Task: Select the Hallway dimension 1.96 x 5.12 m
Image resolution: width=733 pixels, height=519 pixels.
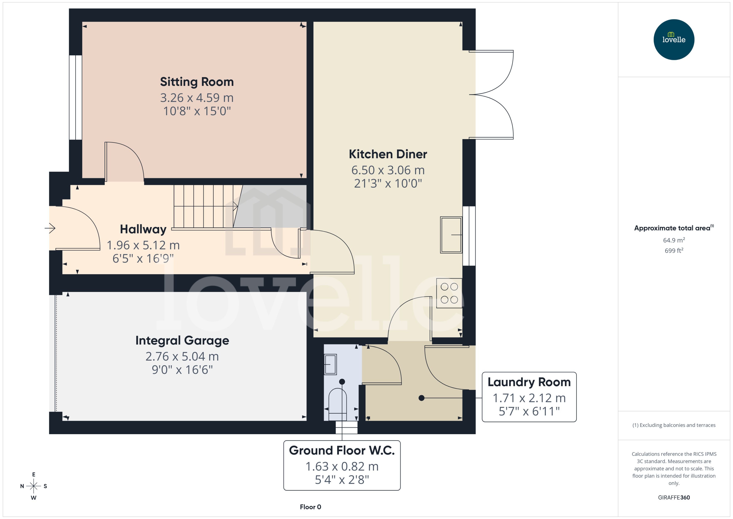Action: (x=143, y=245)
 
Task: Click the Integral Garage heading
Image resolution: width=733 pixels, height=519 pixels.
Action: (x=182, y=340)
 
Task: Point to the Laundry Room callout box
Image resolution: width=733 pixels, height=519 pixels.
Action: (x=529, y=397)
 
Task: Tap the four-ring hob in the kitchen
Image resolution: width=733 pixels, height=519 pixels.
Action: (x=449, y=293)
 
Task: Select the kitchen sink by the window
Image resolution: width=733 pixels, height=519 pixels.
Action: (x=451, y=235)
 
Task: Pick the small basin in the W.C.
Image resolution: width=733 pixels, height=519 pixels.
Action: (x=330, y=364)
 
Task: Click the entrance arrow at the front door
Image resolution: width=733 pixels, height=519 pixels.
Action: (x=50, y=228)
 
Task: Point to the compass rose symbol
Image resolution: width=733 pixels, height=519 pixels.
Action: (x=34, y=486)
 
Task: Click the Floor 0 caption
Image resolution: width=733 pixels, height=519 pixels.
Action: (x=310, y=507)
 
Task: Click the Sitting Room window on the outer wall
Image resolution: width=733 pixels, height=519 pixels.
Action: (x=76, y=97)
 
